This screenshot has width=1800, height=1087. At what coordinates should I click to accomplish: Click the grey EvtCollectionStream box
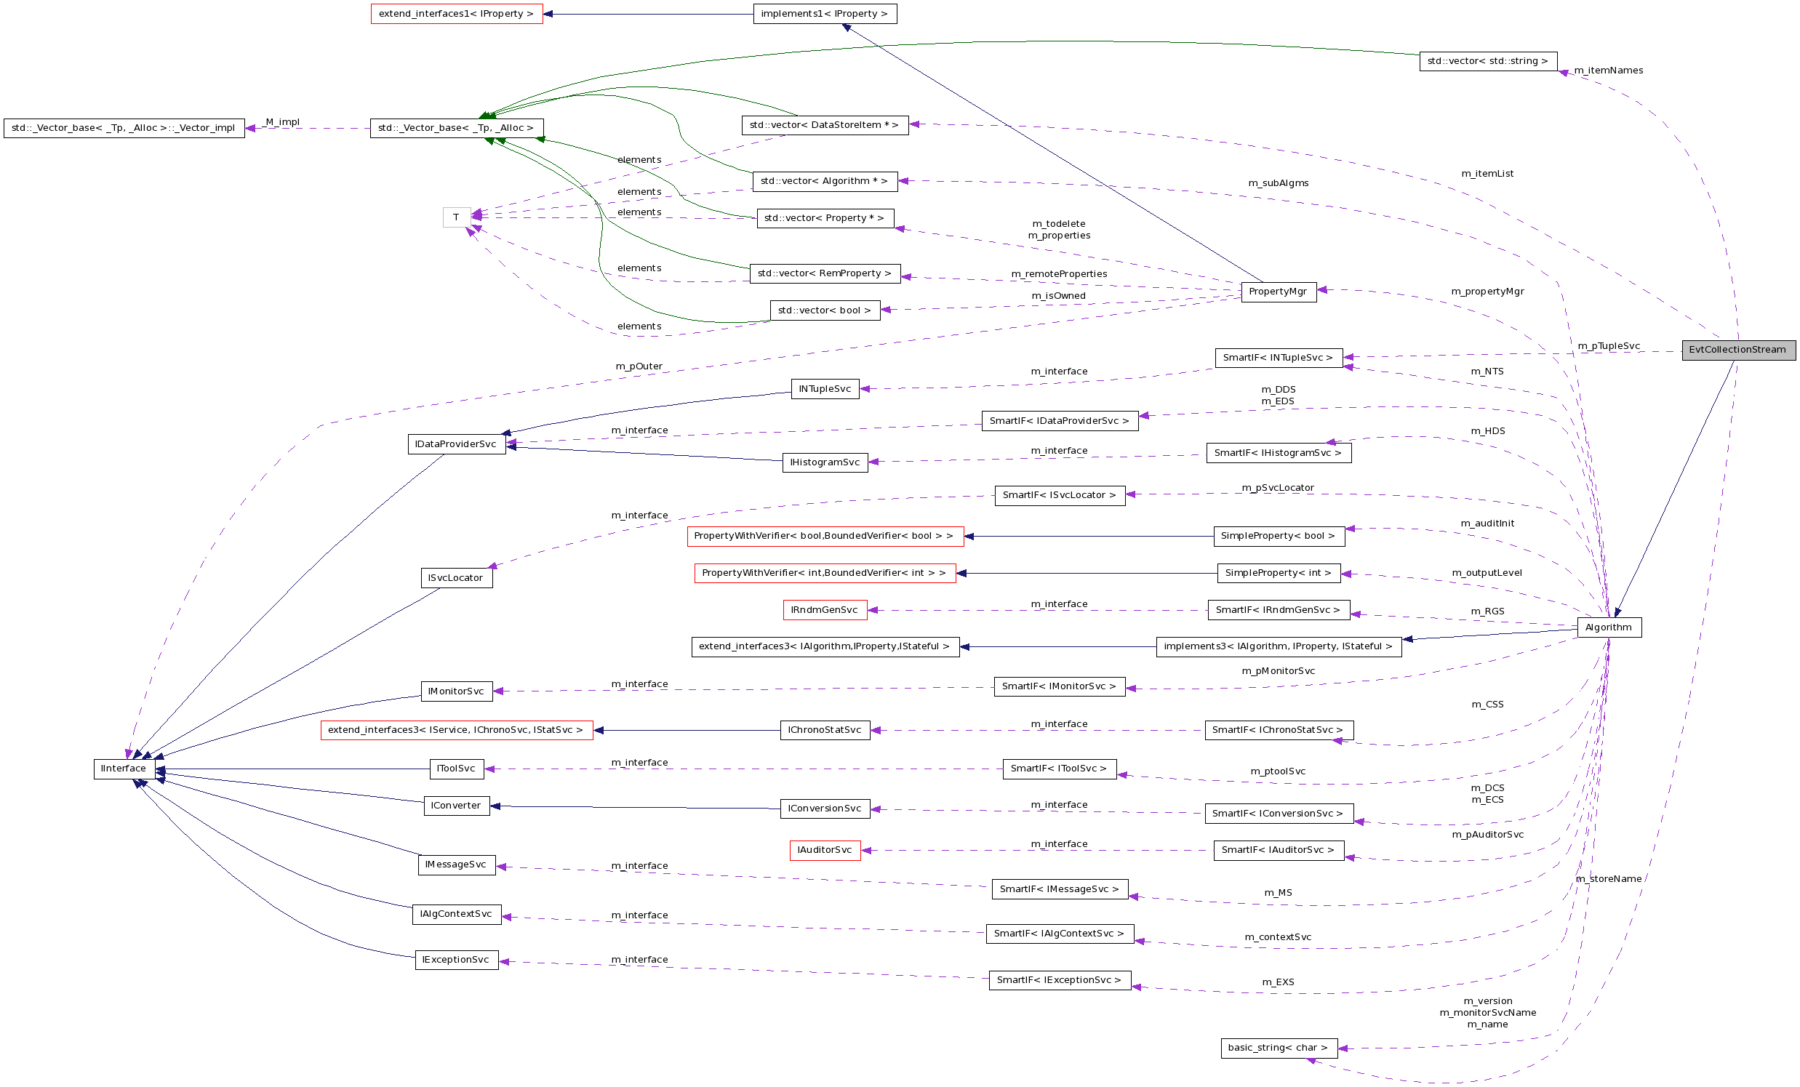[x=1738, y=350]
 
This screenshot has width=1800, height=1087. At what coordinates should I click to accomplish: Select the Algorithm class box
[x=1609, y=627]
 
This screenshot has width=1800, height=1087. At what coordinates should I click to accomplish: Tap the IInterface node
[x=124, y=769]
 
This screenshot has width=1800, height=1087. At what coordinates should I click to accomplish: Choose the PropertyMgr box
[x=1279, y=292]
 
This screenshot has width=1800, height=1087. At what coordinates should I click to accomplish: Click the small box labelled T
[x=456, y=217]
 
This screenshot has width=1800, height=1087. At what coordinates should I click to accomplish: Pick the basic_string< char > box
[x=1279, y=1048]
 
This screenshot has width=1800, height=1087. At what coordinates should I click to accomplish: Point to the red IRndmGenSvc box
[x=825, y=610]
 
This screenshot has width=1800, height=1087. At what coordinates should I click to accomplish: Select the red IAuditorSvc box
[x=825, y=850]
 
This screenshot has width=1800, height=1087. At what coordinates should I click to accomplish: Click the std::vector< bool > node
[x=825, y=310]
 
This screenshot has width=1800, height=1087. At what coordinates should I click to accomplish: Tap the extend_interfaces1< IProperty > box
[x=457, y=14]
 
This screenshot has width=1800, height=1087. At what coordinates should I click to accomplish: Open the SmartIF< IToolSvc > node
[x=1059, y=769]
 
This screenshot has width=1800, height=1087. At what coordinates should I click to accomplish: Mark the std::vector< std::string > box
[x=1488, y=61]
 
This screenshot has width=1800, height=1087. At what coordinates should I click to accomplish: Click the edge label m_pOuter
[x=639, y=366]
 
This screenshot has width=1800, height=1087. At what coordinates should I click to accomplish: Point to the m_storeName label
[x=1609, y=879]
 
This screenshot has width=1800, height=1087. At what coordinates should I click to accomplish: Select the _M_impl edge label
[x=282, y=122]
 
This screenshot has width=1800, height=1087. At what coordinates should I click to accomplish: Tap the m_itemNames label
[x=1609, y=71]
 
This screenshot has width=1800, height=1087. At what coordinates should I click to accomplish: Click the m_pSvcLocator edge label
[x=1278, y=488]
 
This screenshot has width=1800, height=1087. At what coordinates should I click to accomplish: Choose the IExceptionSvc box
[x=457, y=960]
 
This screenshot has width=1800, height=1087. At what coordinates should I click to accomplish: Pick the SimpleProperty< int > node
[x=1279, y=573]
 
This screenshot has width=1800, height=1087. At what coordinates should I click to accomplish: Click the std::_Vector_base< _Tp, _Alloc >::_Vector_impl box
[x=124, y=128]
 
